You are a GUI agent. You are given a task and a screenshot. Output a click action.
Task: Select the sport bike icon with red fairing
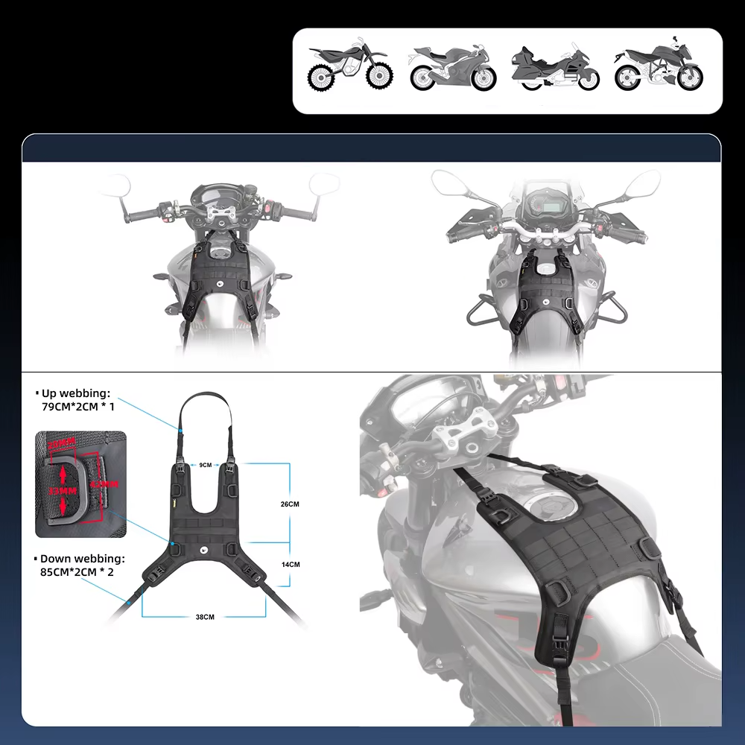[x=452, y=69]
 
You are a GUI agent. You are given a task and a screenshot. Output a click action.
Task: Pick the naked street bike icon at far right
[x=659, y=67]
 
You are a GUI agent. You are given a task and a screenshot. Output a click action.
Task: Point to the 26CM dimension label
[x=290, y=504]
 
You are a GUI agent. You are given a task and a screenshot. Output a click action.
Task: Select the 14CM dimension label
[x=290, y=564]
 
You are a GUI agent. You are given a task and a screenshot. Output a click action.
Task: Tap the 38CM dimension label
[x=204, y=617]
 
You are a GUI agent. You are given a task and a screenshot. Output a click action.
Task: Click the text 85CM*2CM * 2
[x=78, y=571]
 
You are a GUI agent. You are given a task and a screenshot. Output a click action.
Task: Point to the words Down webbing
[x=83, y=558]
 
